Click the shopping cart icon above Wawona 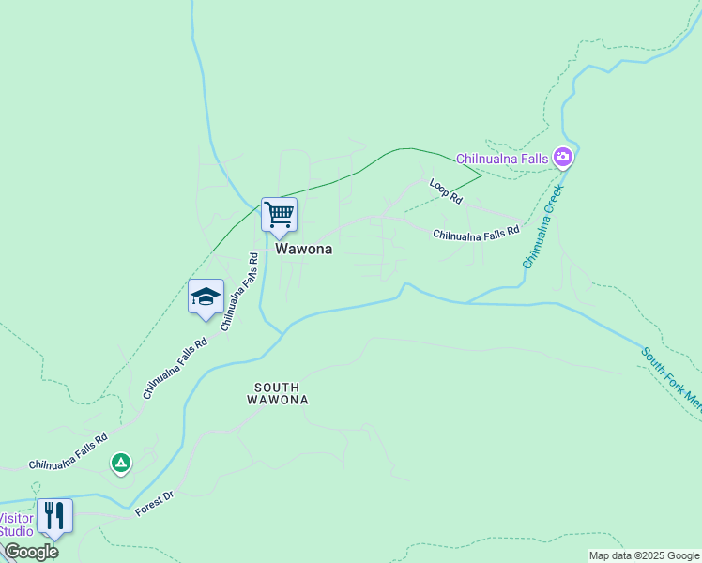click(279, 215)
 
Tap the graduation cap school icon click(206, 297)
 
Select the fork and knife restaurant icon click(53, 515)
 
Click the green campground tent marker click(120, 463)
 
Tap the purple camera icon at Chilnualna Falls click(563, 157)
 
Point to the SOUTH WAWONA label click(277, 393)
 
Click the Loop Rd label click(447, 192)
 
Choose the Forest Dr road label click(155, 504)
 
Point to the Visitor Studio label click(16, 525)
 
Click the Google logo click(31, 552)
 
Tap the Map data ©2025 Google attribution click(644, 555)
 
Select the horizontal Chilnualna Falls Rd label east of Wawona click(476, 235)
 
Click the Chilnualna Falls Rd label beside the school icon click(239, 291)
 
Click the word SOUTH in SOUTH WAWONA click(277, 387)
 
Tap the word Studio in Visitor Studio click(16, 531)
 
